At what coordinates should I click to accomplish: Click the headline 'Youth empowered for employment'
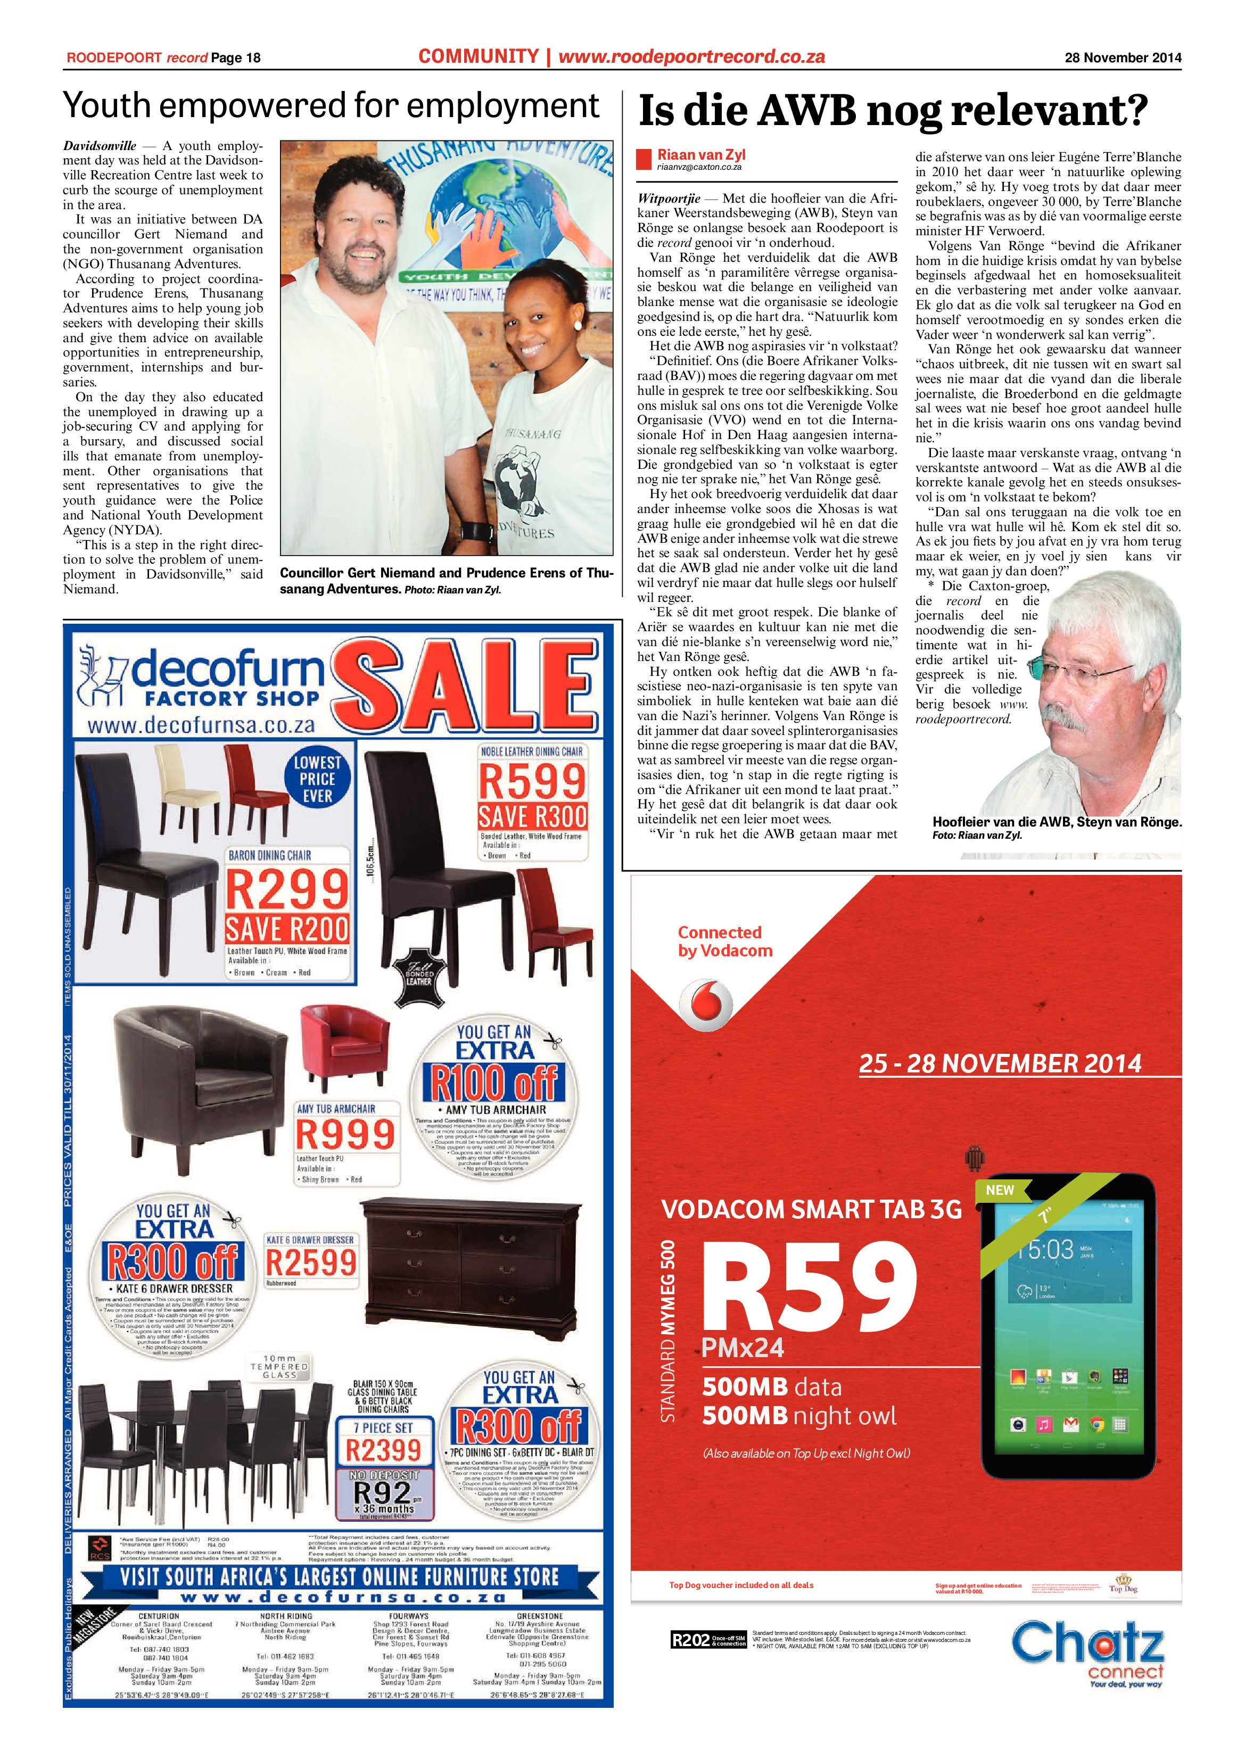pos(331,106)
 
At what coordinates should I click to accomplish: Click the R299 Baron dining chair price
pos(287,890)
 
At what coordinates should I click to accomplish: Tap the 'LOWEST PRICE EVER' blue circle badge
pos(317,778)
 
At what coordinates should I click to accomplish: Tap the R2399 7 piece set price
pos(383,1450)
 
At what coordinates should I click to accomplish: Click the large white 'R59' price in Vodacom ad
pos(807,1287)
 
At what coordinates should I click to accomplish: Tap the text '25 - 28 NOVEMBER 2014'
pos(1000,1064)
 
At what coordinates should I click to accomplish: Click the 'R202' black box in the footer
pos(689,1640)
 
